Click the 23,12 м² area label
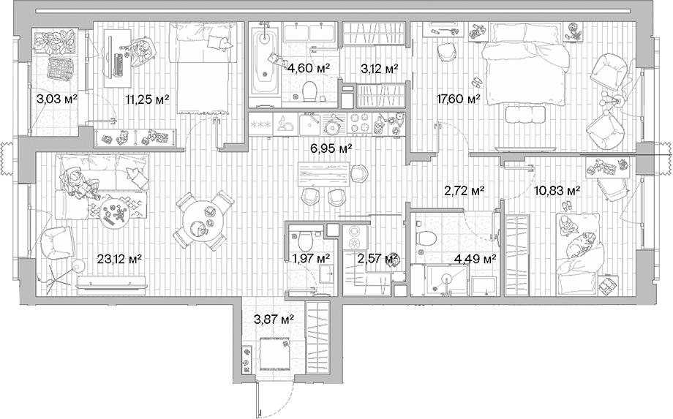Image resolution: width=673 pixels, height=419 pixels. pos(119,257)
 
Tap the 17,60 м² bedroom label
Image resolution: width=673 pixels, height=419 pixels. pos(458,99)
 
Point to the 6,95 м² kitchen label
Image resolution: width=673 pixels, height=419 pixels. pos(331,148)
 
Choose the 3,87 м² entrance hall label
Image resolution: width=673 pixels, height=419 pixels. pos(274,319)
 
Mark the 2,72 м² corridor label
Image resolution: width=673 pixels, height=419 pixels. pos(465,191)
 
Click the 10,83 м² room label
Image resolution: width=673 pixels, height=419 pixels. pos(557,191)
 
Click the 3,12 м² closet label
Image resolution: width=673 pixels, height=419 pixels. pos(380,69)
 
